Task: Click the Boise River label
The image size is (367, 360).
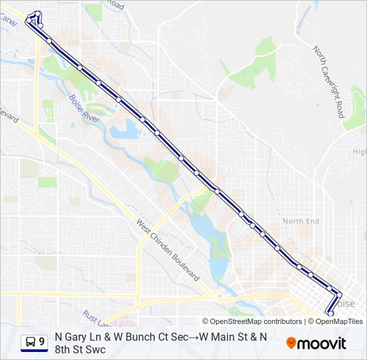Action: point(83,108)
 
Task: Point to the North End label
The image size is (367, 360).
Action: point(301,221)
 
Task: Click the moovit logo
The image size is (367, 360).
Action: point(316,343)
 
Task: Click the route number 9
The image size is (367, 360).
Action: point(42,342)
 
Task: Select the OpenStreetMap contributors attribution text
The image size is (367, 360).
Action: point(256,321)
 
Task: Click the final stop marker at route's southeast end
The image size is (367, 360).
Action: point(330,312)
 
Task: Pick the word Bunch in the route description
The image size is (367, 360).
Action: point(132,337)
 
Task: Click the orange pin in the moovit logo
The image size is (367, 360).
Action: point(291,343)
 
